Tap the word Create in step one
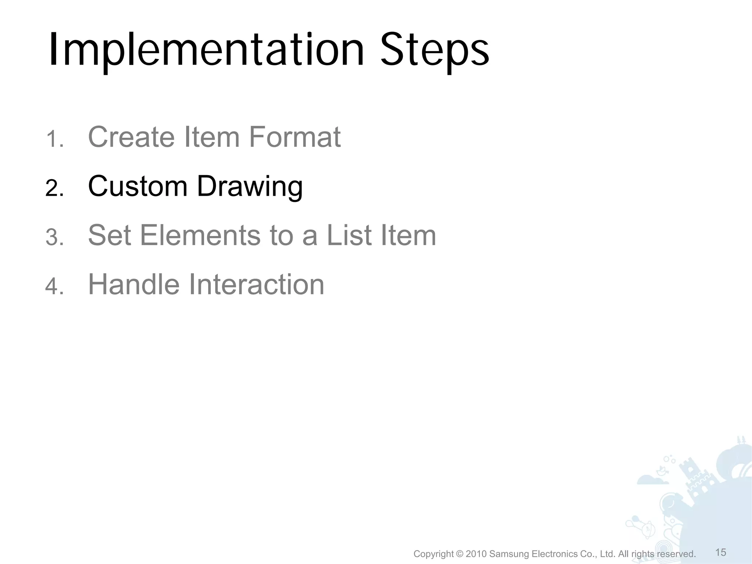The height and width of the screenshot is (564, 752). point(131,137)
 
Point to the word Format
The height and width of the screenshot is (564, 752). point(295,137)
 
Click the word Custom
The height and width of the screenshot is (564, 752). point(138,186)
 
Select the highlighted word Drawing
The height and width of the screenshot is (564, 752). point(250,187)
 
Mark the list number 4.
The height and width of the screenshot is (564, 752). point(54,287)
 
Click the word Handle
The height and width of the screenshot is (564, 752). point(134,285)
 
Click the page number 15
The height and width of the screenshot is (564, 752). point(721,552)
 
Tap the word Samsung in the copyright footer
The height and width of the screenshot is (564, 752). point(510,554)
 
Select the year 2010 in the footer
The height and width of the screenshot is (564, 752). point(476,554)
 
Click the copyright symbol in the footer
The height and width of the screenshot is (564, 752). point(460,554)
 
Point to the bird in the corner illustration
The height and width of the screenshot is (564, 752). point(661,470)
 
